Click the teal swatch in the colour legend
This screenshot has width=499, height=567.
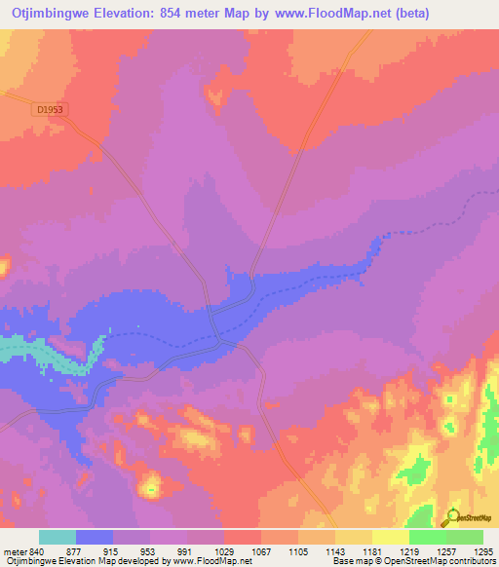[x=58, y=537]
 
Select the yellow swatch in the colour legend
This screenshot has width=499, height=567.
[x=390, y=537]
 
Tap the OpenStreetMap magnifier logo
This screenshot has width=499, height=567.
[x=451, y=516]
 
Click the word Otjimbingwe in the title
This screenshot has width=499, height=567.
[x=58, y=14]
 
